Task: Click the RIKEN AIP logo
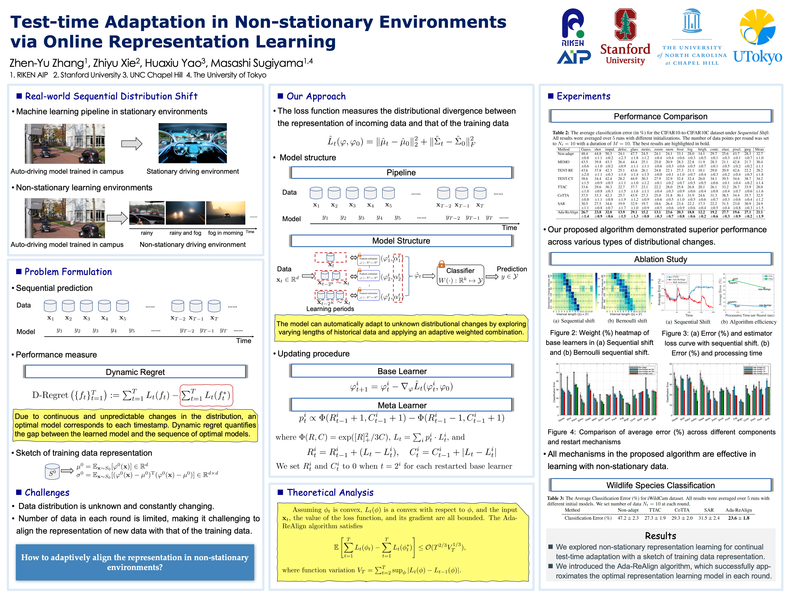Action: point(573,36)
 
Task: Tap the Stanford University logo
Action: point(625,37)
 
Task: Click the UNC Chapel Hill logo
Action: point(692,37)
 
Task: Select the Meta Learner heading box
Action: point(402,405)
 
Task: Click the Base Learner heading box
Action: point(402,371)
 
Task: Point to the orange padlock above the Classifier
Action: point(442,264)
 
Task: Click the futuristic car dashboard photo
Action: point(193,143)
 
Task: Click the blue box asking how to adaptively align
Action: point(135,562)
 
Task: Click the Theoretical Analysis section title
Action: point(330,493)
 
